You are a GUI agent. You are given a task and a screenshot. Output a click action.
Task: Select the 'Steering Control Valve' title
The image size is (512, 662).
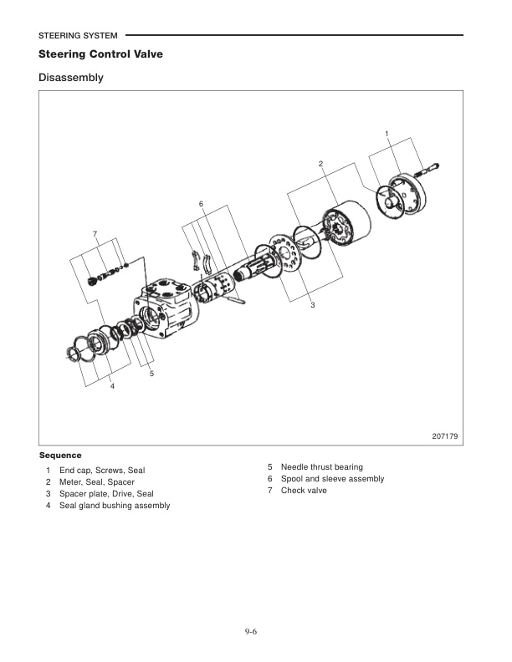coord(100,54)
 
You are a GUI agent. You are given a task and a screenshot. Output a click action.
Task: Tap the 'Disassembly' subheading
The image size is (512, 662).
coord(70,79)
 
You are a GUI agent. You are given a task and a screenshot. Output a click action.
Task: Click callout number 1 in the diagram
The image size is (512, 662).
coord(387,134)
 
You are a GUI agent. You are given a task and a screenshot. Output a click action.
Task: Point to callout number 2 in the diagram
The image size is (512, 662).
coord(320,162)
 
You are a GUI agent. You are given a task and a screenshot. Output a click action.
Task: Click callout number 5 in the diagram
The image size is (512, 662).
coord(151,373)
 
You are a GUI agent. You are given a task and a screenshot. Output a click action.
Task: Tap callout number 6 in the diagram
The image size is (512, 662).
coord(202,204)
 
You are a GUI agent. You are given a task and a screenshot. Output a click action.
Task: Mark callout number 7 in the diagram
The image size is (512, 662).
coord(95,232)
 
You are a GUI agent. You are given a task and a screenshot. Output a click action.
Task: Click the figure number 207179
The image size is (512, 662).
coord(444,436)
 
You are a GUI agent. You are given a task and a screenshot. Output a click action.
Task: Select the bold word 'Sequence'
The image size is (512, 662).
coord(60,456)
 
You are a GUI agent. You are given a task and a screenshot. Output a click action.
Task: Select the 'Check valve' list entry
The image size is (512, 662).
coord(304,490)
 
